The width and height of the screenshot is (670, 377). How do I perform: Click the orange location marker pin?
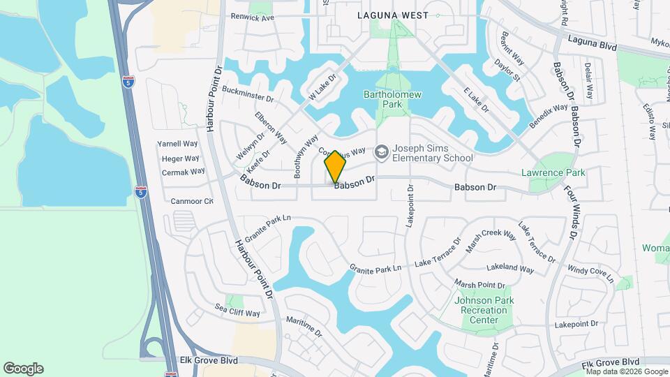coord(336,167)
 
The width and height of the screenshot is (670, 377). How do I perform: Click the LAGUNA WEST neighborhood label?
coord(389,14)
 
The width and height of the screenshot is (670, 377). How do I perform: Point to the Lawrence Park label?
coord(553,172)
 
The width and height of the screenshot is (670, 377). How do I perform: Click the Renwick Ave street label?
coord(252,17)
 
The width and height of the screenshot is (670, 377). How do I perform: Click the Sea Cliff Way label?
coord(237,310)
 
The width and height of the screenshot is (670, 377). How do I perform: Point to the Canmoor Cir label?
coord(192,201)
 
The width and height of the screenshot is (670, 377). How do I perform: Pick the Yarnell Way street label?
coord(178,144)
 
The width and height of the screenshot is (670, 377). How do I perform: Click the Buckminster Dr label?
coord(248,94)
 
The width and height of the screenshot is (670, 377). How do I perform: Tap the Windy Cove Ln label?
coord(590,273)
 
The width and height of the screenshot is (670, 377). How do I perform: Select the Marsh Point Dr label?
coord(479,284)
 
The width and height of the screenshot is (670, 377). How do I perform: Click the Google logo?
coord(23,369)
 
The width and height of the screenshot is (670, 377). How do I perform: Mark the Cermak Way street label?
coord(183,172)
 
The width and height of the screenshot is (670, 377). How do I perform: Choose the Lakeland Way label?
coord(510,267)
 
